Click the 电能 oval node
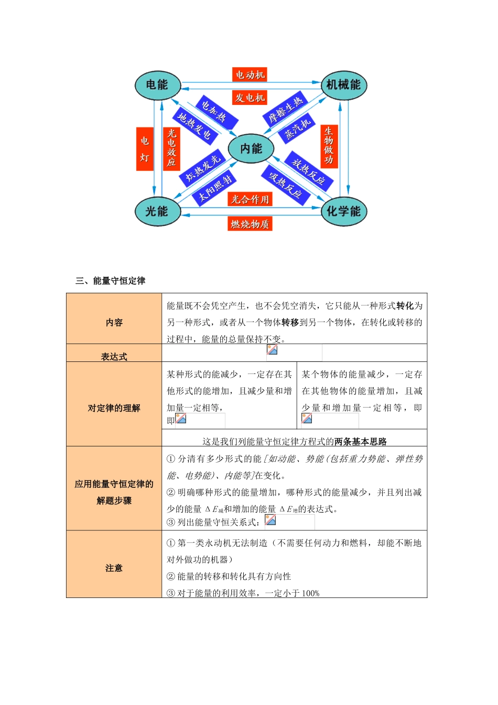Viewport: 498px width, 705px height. click(x=157, y=85)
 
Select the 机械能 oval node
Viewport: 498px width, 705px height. click(x=343, y=85)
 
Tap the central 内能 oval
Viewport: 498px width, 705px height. click(x=251, y=149)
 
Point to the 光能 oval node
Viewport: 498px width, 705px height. click(x=157, y=211)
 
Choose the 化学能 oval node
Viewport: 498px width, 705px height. click(x=343, y=211)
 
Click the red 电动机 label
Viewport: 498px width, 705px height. click(x=250, y=74)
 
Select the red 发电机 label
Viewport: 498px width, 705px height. click(x=250, y=98)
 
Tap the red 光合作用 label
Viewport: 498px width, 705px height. click(x=250, y=199)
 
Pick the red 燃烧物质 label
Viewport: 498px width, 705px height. click(x=250, y=224)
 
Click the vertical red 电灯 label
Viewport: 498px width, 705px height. click(x=145, y=149)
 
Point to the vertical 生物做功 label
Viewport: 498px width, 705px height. click(x=329, y=146)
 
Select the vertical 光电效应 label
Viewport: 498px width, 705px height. click(x=171, y=148)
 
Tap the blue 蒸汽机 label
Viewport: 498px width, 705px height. click(x=297, y=127)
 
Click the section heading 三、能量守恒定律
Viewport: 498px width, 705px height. click(x=111, y=281)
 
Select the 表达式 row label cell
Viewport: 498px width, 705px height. click(x=114, y=357)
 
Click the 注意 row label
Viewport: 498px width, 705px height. click(x=114, y=568)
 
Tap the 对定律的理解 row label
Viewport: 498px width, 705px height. click(x=114, y=408)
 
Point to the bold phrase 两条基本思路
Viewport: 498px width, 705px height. click(x=361, y=442)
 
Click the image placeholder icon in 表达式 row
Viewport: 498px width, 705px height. click(x=272, y=350)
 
